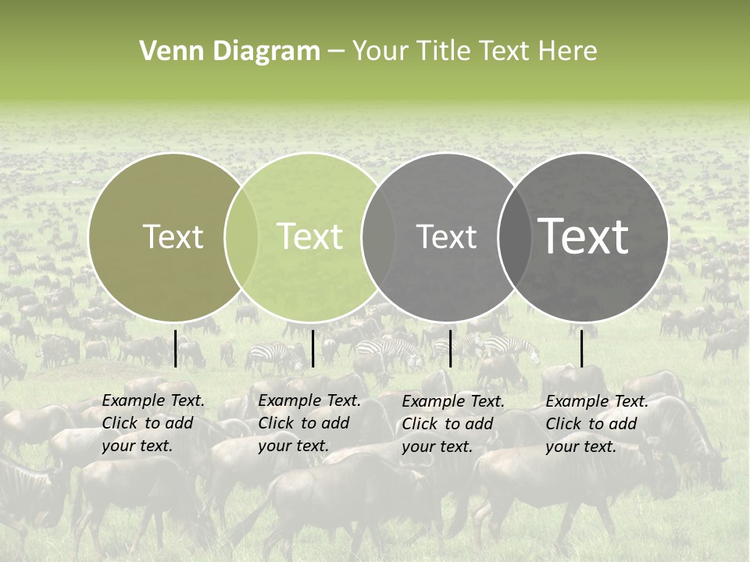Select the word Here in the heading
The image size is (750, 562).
click(x=568, y=52)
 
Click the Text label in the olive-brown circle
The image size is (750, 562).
click(x=173, y=237)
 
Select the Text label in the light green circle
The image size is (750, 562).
click(x=309, y=237)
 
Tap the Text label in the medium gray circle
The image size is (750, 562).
click(x=446, y=237)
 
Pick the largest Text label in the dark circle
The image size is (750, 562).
click(x=584, y=237)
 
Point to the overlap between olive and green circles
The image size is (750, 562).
click(x=241, y=237)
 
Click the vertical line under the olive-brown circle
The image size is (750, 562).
click(x=175, y=348)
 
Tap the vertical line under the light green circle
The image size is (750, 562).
click(x=312, y=348)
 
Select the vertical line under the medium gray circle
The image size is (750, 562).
click(x=450, y=348)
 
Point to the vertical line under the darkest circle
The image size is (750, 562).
click(x=581, y=348)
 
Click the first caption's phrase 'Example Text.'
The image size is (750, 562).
click(x=153, y=401)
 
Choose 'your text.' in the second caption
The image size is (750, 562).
click(x=293, y=446)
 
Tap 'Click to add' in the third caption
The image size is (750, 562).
click(x=448, y=424)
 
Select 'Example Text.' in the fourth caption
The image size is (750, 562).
click(x=597, y=402)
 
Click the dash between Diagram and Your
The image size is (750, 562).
click(x=336, y=52)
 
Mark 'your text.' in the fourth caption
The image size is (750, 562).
click(x=580, y=447)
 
